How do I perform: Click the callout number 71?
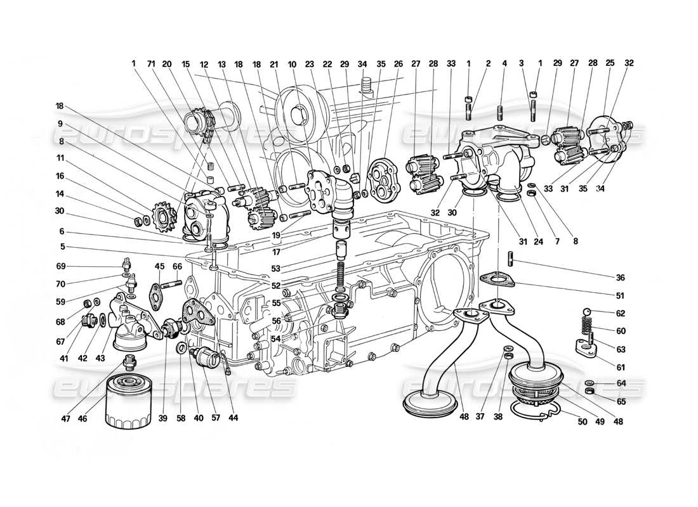point(150,63)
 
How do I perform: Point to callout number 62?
point(620,312)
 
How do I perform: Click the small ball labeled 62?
point(588,311)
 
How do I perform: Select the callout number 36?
point(620,277)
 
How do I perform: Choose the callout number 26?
point(398,63)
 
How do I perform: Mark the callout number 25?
point(610,63)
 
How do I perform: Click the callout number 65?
point(620,401)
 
